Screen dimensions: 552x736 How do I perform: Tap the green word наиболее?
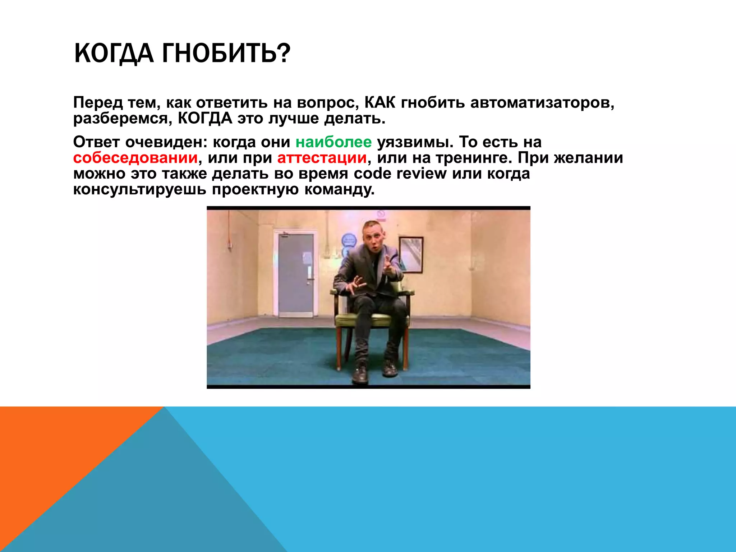point(333,142)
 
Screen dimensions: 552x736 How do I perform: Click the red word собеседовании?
point(135,158)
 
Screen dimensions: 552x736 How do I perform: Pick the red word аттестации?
point(322,158)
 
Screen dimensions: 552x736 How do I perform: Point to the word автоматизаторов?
point(542,103)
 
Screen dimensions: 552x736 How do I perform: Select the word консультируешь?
point(140,189)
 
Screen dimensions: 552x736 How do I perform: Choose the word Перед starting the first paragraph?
point(98,103)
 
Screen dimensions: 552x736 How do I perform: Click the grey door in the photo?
point(295,275)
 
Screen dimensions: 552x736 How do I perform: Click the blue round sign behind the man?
point(348,240)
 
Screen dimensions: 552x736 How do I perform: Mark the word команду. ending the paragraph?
point(339,189)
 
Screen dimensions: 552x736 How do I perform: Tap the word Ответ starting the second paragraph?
point(96,142)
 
